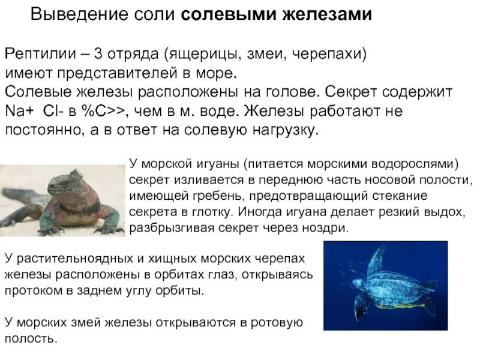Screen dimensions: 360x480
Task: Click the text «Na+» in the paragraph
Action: click(19, 112)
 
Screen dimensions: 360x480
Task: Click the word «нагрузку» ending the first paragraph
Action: click(281, 131)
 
